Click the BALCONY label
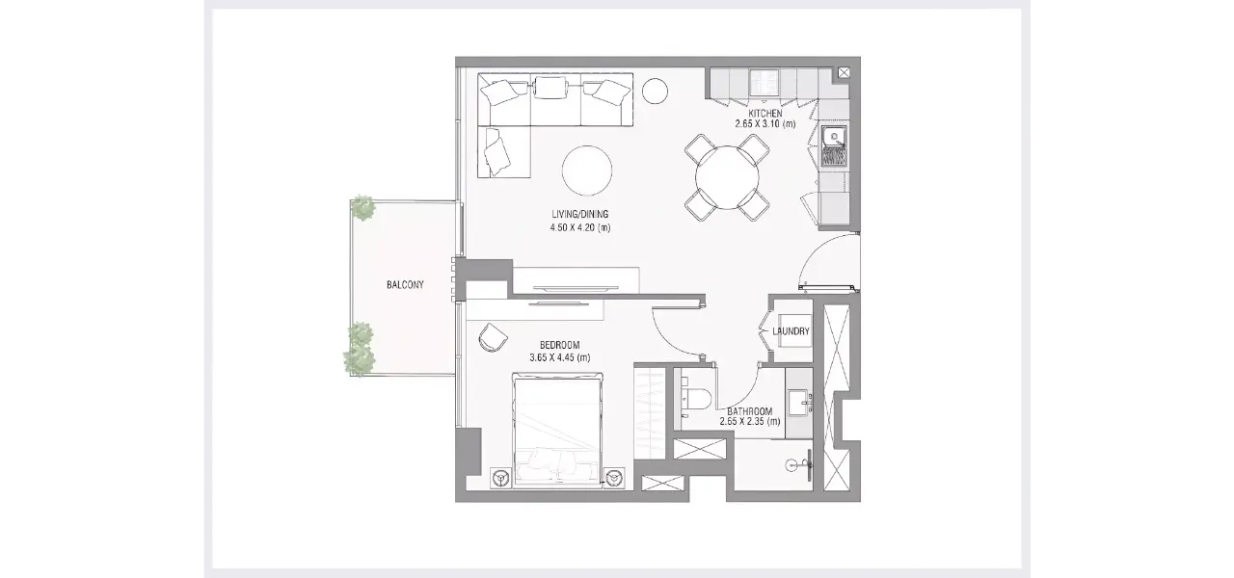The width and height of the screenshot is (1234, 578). tap(405, 285)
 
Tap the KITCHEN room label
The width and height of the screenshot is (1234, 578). tap(765, 114)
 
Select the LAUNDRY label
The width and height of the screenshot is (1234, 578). tap(791, 331)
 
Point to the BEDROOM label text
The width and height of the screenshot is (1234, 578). tap(560, 345)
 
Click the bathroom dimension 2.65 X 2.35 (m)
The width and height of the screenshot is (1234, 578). tap(750, 422)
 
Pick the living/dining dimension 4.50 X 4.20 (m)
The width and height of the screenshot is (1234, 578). tap(580, 227)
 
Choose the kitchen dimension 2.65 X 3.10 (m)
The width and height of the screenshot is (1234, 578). tap(765, 124)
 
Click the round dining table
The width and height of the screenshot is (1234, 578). tap(727, 177)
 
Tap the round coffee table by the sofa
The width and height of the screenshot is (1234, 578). tap(587, 171)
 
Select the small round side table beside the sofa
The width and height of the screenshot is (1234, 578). tap(655, 91)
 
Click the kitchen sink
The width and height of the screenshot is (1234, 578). tap(834, 145)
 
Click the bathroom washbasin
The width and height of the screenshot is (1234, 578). tap(800, 403)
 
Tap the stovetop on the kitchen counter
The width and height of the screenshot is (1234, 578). tap(765, 82)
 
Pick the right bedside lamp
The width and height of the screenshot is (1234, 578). tap(614, 477)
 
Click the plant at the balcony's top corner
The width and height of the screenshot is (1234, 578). tap(363, 208)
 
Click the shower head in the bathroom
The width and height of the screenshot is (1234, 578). tap(802, 464)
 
